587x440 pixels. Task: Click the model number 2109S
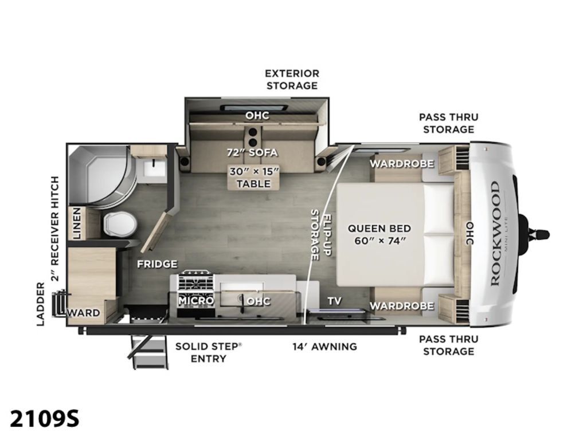[45, 418]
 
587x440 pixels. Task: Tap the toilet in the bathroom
[119, 224]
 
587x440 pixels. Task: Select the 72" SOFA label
[252, 152]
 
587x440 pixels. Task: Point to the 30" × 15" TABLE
[254, 178]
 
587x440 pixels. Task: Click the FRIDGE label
[157, 264]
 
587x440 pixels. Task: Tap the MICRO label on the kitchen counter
[196, 300]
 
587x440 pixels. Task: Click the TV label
[334, 301]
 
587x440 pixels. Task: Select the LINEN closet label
[77, 223]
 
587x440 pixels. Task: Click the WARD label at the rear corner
[84, 313]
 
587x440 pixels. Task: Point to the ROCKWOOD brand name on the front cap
[495, 234]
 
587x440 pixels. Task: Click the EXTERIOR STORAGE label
[292, 79]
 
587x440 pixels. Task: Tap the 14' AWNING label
[324, 347]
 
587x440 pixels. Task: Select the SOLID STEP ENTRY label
[208, 352]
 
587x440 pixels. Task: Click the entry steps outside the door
[148, 352]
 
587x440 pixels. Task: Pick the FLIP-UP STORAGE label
[320, 235]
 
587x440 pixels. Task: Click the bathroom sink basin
[155, 168]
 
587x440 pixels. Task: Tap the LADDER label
[41, 304]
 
